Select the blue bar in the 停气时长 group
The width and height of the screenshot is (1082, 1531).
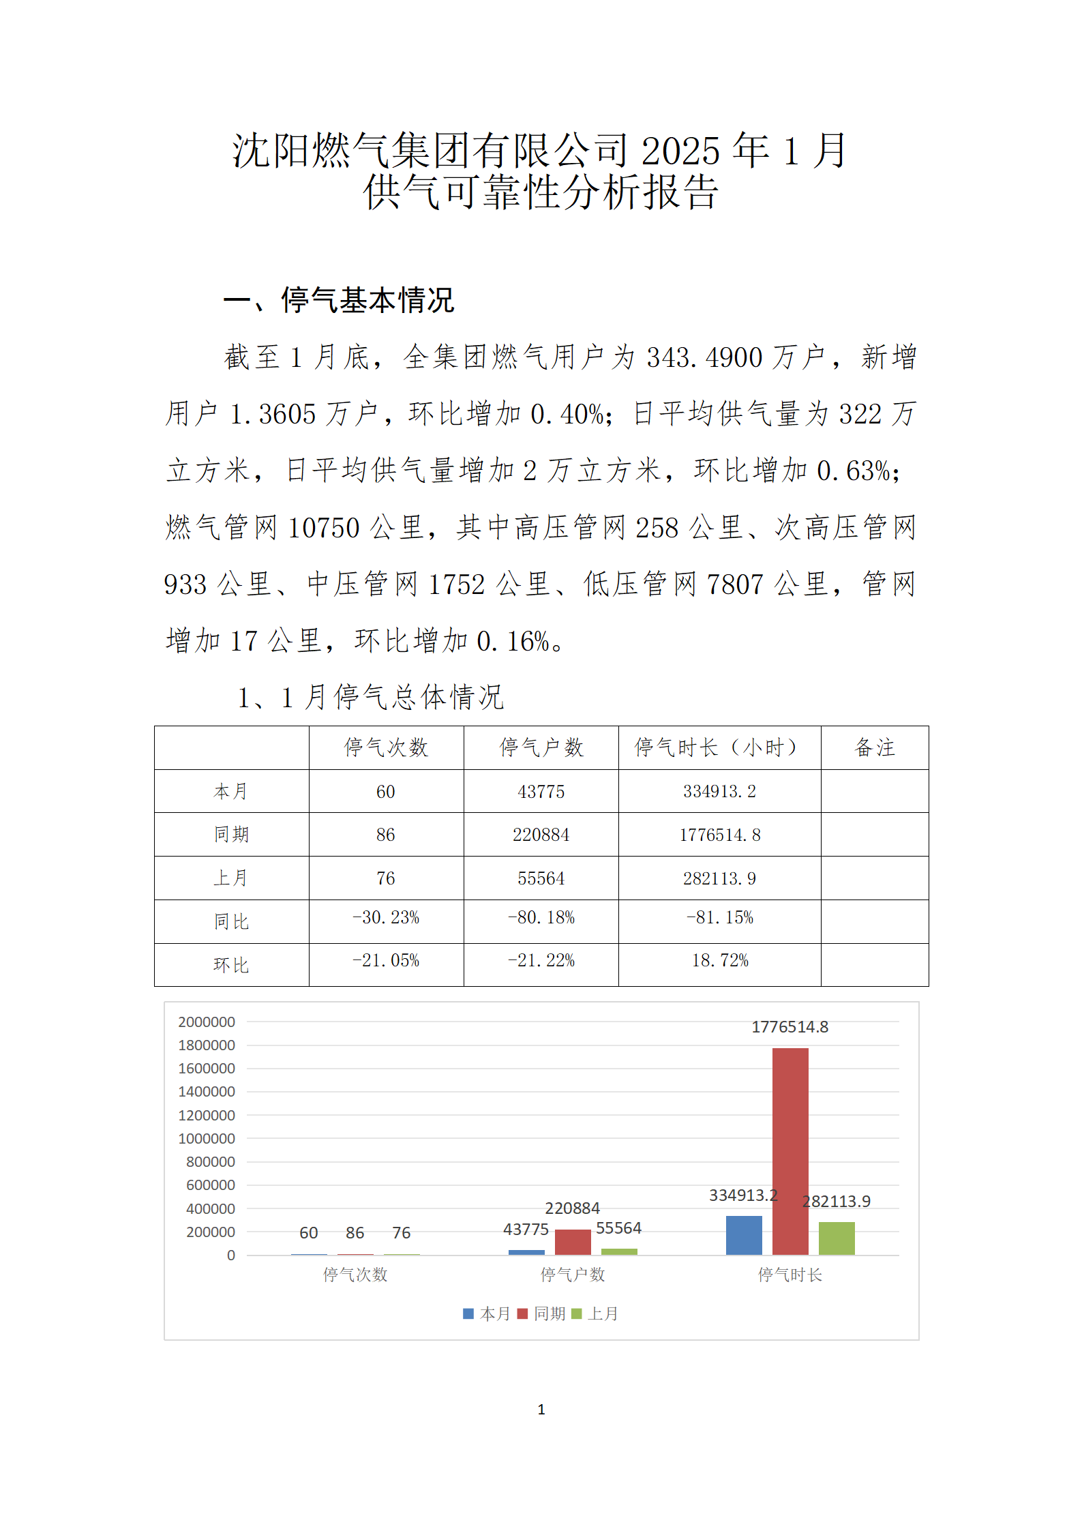click(x=743, y=1235)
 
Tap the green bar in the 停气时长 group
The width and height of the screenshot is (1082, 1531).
click(x=836, y=1238)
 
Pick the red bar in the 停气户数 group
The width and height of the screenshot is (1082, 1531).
click(x=572, y=1242)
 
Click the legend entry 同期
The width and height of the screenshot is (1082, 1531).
click(x=542, y=1313)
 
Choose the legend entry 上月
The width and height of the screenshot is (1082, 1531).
click(x=596, y=1313)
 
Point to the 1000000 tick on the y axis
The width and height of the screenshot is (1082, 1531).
click(x=207, y=1138)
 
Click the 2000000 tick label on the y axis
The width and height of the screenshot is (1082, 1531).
click(x=207, y=1022)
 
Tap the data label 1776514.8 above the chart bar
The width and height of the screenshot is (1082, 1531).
click(x=790, y=1027)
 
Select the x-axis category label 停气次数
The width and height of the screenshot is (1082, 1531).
click(x=355, y=1275)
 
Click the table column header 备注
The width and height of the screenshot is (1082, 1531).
click(x=874, y=747)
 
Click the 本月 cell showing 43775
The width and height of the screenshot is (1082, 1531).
click(x=541, y=792)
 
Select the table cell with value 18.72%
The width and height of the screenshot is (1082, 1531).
click(x=720, y=961)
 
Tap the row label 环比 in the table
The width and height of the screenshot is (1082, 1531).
click(x=231, y=965)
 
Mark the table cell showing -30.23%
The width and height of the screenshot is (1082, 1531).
click(x=386, y=918)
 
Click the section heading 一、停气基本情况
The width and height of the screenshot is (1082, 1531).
click(x=339, y=300)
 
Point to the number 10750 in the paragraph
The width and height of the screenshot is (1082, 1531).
click(x=323, y=528)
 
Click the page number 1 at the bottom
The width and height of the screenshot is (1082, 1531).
click(x=541, y=1410)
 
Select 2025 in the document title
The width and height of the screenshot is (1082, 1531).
click(x=680, y=151)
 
